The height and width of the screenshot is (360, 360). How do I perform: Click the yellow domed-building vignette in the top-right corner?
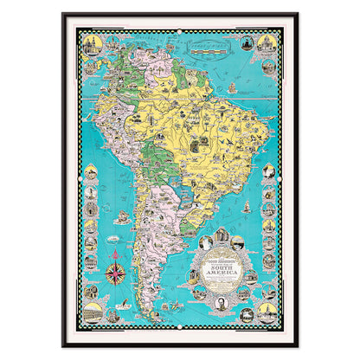coord(267,43)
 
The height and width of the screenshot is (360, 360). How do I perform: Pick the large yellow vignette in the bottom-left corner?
coord(92,309)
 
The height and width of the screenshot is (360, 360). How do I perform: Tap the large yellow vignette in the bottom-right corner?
coord(267,310)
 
